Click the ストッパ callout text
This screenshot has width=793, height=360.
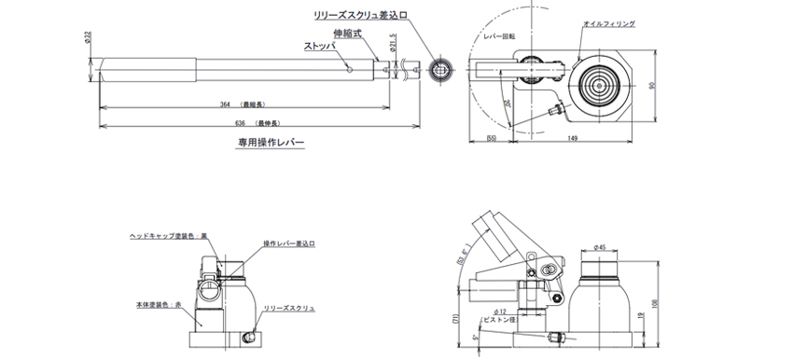(x=319, y=45)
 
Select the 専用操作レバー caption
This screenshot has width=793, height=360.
(x=271, y=145)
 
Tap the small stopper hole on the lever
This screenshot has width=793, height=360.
(x=348, y=67)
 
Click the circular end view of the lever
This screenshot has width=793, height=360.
(x=440, y=68)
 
